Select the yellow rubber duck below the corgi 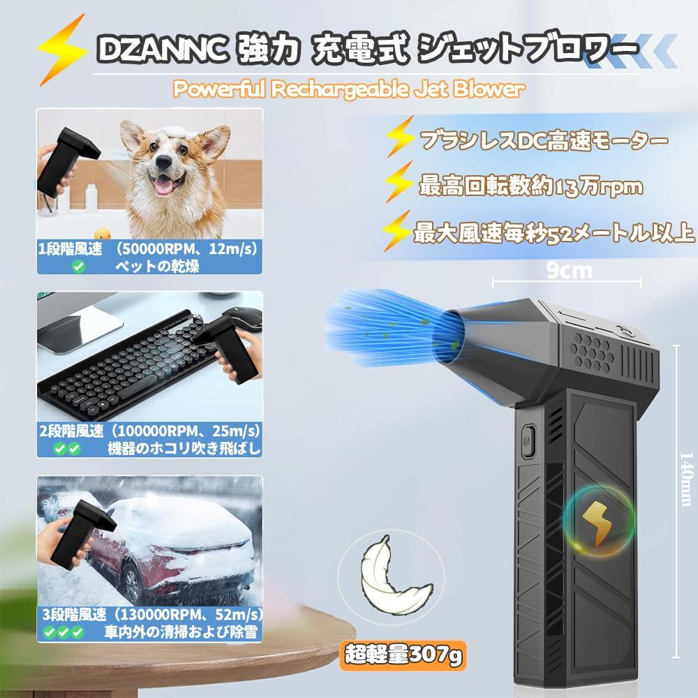[103, 233]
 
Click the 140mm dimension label [686, 479]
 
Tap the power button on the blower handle [528, 440]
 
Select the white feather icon [392, 574]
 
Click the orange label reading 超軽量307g [403, 655]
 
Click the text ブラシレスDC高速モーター [544, 141]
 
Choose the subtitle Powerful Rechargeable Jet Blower [348, 89]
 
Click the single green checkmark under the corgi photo [79, 266]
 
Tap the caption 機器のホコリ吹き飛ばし [184, 448]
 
